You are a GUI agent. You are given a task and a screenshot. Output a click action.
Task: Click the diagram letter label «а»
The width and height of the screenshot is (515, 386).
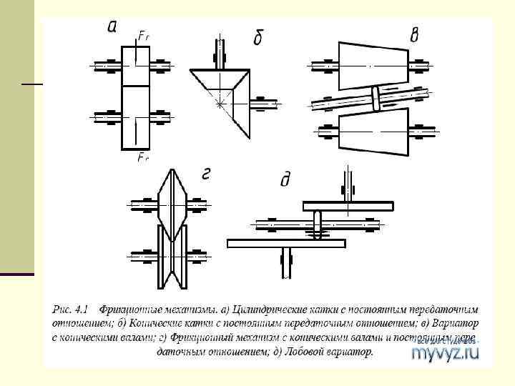click(x=113, y=28)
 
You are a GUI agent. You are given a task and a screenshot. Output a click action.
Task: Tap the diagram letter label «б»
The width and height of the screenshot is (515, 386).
click(x=258, y=38)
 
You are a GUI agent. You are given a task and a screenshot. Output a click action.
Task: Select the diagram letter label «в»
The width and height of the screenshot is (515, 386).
click(x=414, y=35)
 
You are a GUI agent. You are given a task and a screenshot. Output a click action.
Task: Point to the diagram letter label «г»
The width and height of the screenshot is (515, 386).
click(x=206, y=174)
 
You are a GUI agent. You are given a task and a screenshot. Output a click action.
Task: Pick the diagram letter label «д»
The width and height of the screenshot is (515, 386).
click(x=285, y=179)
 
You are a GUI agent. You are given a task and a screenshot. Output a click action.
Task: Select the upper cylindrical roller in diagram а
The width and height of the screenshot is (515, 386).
click(x=136, y=66)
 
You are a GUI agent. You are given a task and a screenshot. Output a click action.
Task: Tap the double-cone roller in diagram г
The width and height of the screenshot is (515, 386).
click(x=172, y=204)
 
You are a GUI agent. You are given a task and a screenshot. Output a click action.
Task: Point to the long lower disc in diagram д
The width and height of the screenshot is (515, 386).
click(x=287, y=244)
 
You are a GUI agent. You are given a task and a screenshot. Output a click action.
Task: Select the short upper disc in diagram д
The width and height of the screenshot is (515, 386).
click(x=348, y=207)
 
